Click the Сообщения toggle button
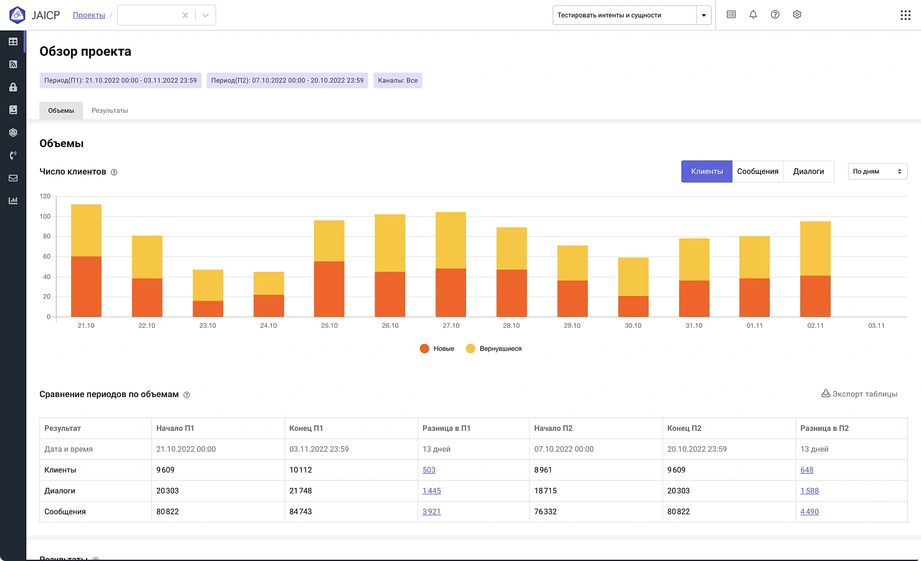coord(757,171)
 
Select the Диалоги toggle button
coord(808,171)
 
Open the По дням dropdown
coord(877,171)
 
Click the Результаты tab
coord(110,110)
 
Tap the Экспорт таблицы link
coord(859,394)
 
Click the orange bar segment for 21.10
coord(87,287)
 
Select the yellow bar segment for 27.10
coord(451,241)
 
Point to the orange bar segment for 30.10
coord(633,307)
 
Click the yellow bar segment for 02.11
coord(815,249)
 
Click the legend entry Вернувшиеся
coord(494,349)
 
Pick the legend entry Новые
coord(437,349)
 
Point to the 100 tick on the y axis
coord(45,216)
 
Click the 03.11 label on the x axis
coord(876,325)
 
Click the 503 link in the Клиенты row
coord(429,470)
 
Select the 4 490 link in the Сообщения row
coord(809,512)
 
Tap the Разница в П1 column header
coord(447,428)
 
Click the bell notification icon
coord(753,15)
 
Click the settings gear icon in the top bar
coord(797,15)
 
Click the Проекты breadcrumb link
coord(89,15)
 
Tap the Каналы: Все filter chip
coord(398,80)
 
